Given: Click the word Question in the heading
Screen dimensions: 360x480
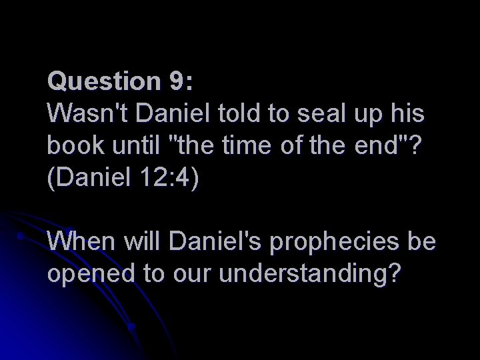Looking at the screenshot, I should coord(101,83).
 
